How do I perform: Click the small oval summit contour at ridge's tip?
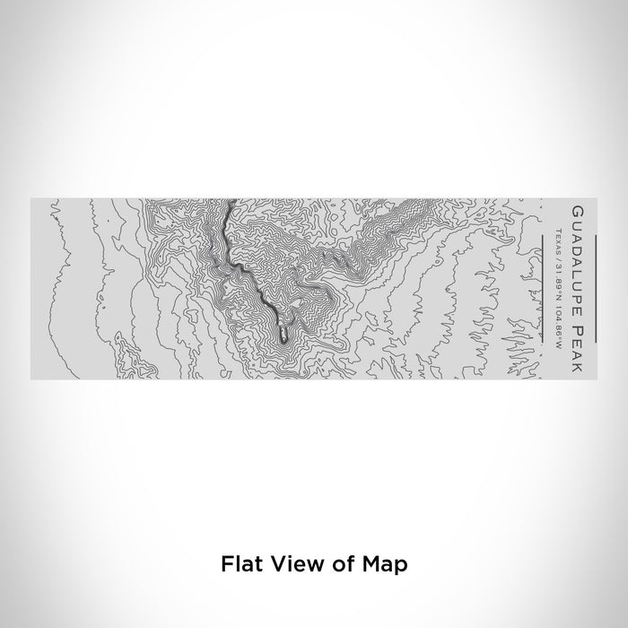click(x=283, y=335)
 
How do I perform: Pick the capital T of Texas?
click(x=557, y=232)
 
